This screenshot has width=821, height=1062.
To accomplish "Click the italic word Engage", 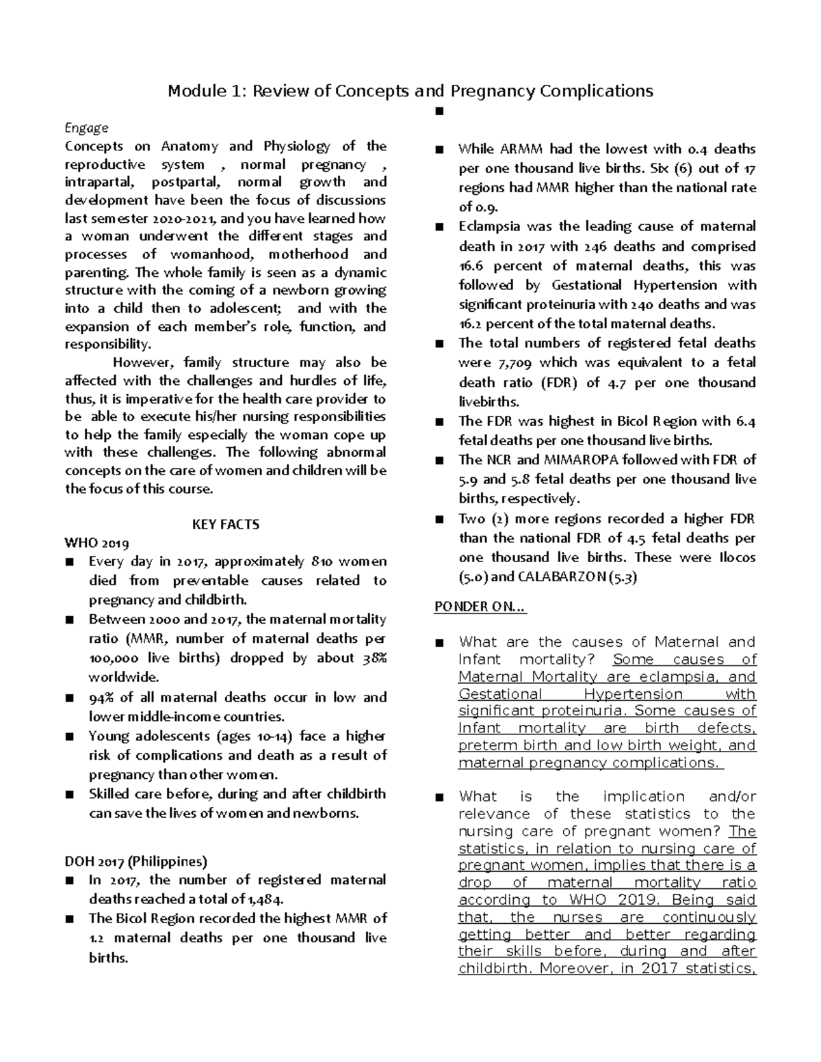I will [86, 128].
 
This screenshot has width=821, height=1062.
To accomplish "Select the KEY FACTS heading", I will [225, 525].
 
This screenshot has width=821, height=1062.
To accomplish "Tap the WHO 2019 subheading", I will [96, 544].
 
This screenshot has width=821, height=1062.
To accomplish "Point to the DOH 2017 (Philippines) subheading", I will [135, 861].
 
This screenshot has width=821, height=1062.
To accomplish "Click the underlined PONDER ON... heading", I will [480, 607].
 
